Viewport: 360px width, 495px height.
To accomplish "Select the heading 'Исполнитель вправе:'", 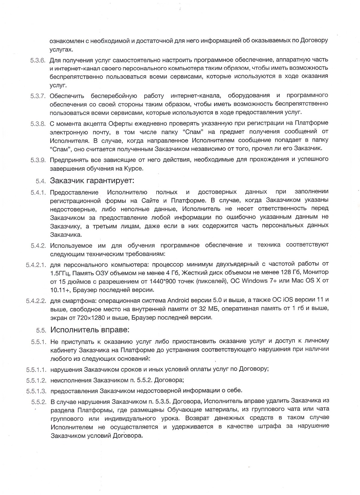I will click(90, 330).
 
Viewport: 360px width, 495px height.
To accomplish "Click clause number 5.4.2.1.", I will click(35, 265).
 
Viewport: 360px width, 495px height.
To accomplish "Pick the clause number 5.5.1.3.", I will click(36, 391).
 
